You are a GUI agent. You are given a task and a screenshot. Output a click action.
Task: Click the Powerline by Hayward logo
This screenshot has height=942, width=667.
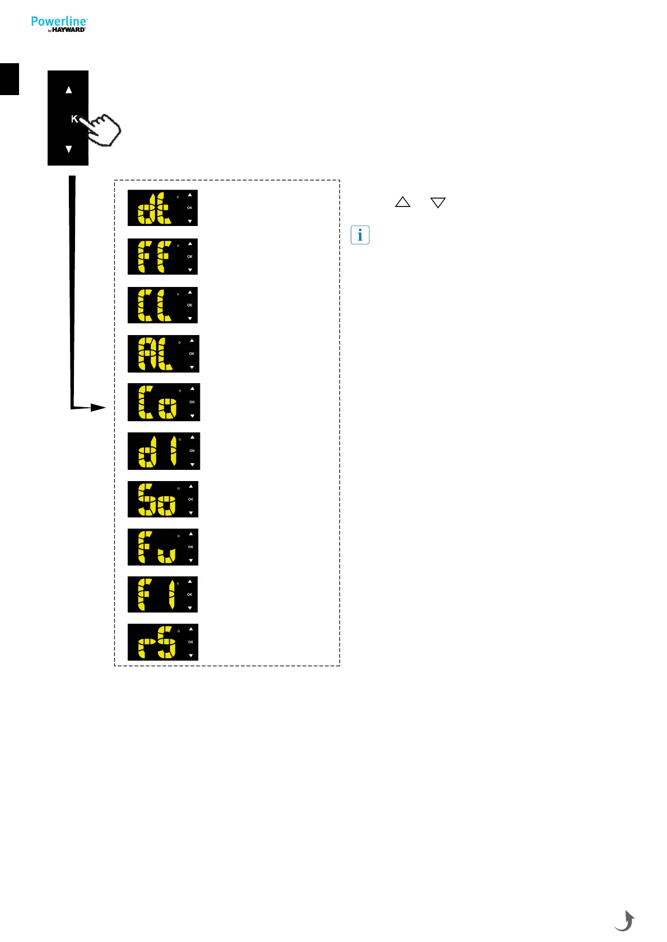pos(59,24)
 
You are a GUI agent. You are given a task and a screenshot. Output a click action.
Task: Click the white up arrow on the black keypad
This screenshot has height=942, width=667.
pos(69,90)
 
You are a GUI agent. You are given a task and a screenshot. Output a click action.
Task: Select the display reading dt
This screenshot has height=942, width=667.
pos(162,208)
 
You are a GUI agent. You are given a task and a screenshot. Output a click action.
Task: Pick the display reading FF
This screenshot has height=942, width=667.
pos(162,257)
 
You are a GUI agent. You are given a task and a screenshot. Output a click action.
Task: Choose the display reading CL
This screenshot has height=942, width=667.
pos(162,305)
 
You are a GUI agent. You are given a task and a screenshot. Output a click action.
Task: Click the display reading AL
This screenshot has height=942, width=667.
pos(163,354)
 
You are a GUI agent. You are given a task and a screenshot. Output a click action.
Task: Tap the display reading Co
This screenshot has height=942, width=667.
pos(164,402)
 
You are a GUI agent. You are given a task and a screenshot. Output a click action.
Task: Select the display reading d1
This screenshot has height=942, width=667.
pos(164,451)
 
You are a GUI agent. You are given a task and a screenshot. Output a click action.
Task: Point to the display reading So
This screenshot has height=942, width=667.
pos(163,499)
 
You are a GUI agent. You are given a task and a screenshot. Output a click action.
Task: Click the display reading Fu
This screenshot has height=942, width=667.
pos(163,547)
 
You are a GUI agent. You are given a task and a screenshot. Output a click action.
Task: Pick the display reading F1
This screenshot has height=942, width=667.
pos(162,595)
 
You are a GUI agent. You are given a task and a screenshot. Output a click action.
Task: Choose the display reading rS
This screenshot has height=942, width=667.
pos(163,642)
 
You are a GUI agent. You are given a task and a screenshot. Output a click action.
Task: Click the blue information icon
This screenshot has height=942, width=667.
pos(360,235)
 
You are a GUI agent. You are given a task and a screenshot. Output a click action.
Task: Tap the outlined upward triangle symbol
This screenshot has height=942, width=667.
pos(403,202)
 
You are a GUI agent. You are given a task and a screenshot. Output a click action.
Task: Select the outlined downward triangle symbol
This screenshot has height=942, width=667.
pos(438,202)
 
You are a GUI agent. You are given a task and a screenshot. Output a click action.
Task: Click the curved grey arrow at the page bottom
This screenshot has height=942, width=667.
pos(624,921)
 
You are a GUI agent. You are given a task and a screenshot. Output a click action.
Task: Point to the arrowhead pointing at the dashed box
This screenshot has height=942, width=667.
pos(98,408)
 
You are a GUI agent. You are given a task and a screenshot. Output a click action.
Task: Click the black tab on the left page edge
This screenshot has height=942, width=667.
pos(10,79)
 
